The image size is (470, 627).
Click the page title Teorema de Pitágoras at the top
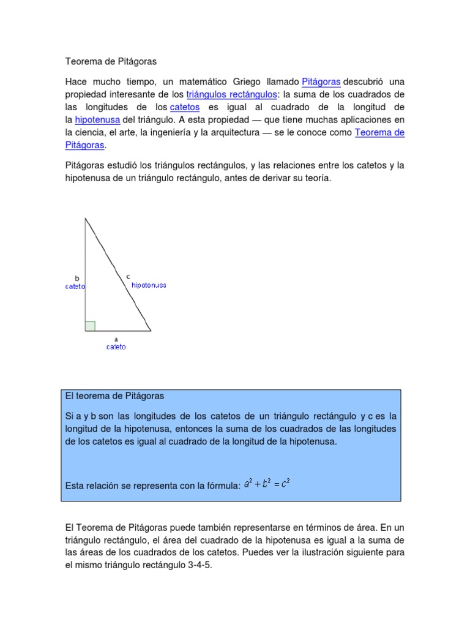[x=111, y=62]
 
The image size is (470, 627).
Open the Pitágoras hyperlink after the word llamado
[x=321, y=81]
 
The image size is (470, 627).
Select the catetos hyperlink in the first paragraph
[x=185, y=107]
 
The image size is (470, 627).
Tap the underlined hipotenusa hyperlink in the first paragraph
[x=97, y=120]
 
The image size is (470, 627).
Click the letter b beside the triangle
[x=77, y=278]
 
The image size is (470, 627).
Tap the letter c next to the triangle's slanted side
[x=128, y=277]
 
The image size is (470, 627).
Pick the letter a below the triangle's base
[x=116, y=339]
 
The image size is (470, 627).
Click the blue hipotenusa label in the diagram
[x=149, y=285]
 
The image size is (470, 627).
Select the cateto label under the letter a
[x=116, y=347]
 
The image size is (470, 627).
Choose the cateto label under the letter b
[x=75, y=286]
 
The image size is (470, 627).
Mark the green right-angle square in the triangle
[x=90, y=326]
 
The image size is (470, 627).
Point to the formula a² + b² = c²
[x=266, y=484]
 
